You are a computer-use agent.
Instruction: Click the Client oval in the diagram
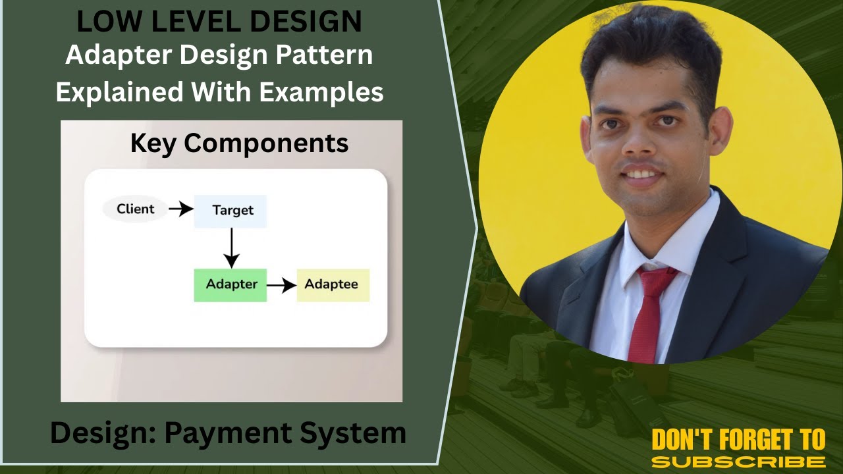134,209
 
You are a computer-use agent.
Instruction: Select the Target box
231,211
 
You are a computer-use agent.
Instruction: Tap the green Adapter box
231,285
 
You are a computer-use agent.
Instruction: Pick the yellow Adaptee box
333,285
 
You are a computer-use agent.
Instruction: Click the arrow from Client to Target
180,209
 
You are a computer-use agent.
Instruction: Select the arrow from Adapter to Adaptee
281,285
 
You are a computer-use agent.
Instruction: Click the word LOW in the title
103,22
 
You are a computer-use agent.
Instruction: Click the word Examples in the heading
321,92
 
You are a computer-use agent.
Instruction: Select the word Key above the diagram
153,143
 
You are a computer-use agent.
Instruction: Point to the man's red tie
648,309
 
